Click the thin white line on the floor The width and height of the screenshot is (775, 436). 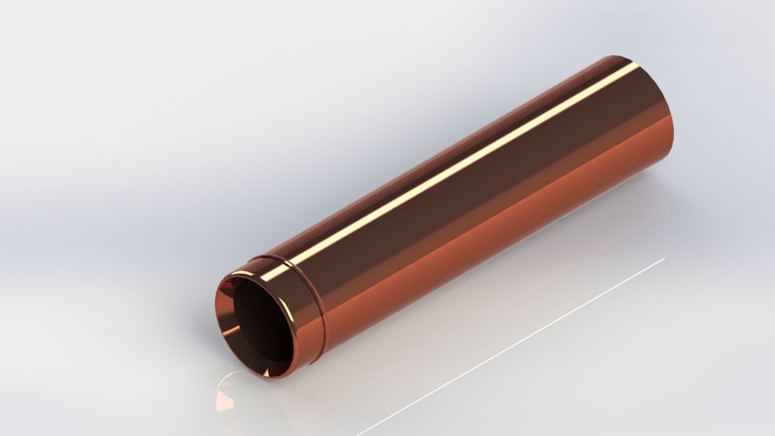(515, 345)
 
